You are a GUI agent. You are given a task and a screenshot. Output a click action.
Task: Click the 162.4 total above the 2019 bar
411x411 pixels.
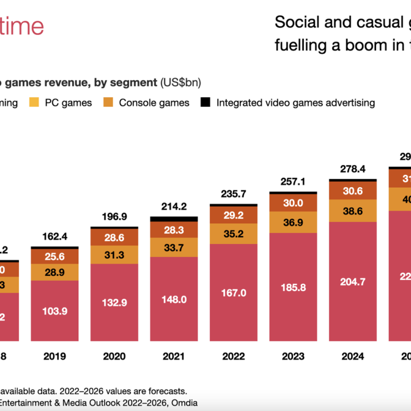click(54, 237)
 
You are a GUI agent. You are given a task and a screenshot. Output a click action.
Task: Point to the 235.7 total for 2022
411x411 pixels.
click(233, 194)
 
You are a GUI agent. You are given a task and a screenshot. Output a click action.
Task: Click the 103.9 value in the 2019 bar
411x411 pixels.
click(54, 310)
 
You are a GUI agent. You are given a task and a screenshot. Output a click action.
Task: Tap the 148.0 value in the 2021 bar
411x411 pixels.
click(173, 299)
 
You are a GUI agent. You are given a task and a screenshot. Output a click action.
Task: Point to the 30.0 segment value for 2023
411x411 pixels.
click(293, 203)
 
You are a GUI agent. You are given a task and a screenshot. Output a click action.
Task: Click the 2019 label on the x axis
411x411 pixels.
click(54, 356)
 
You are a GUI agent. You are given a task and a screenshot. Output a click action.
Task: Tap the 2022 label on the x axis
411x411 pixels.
click(233, 356)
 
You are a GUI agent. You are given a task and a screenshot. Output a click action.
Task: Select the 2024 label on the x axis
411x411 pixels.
click(352, 356)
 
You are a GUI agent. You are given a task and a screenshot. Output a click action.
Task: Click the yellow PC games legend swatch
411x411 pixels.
click(34, 102)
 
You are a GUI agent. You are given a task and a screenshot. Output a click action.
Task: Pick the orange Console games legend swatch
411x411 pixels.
click(109, 102)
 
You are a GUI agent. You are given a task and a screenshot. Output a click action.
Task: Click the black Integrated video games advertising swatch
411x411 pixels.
click(205, 102)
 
